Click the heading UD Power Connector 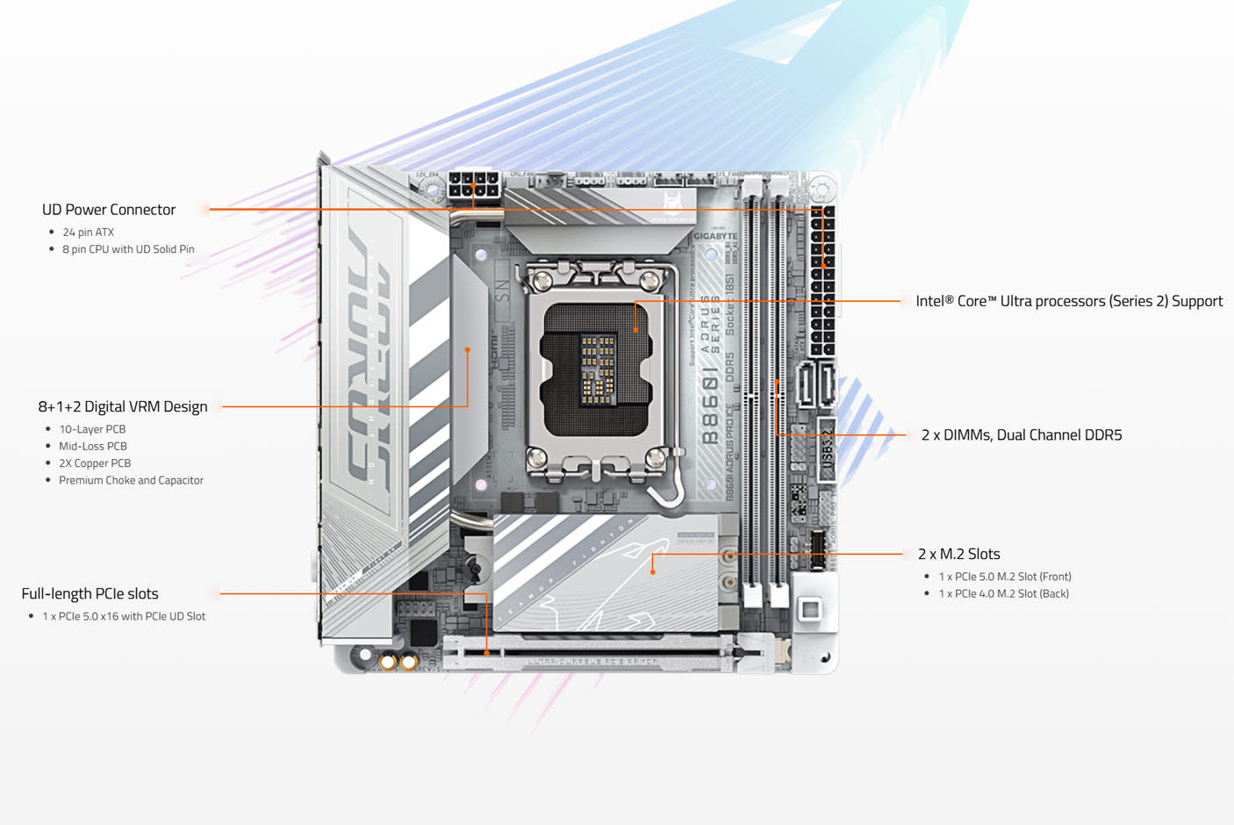[109, 210]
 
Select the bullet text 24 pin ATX [88, 233]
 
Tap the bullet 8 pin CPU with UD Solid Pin [128, 249]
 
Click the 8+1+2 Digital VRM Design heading [123, 406]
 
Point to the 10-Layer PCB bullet [92, 429]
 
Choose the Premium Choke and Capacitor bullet [131, 480]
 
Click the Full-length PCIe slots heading [90, 594]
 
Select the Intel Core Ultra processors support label [1069, 301]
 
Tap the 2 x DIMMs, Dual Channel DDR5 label [1022, 435]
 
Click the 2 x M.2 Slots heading [958, 554]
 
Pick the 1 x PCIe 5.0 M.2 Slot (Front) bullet [1005, 577]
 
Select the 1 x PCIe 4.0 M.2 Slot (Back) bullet [1003, 594]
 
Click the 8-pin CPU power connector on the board [473, 186]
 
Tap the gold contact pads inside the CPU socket [598, 368]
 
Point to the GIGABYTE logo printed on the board [715, 236]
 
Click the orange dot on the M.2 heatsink [652, 572]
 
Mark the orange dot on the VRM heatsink [468, 349]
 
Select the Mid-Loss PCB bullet [93, 446]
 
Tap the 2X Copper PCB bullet [95, 463]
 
